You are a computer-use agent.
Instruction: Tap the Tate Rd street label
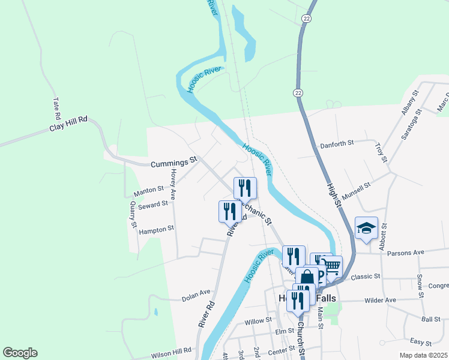57,109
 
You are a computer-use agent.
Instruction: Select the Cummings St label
174,162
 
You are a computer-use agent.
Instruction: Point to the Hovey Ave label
173,184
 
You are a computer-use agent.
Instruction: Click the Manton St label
149,191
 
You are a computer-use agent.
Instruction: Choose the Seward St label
152,205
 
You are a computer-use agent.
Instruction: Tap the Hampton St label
156,229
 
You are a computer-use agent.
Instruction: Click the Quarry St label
133,214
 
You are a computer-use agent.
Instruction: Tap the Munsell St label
355,193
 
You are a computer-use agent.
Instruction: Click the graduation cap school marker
366,229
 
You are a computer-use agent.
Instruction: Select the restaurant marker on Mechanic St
245,187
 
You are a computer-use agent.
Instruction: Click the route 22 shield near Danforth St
298,92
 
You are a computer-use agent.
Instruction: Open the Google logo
20,353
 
